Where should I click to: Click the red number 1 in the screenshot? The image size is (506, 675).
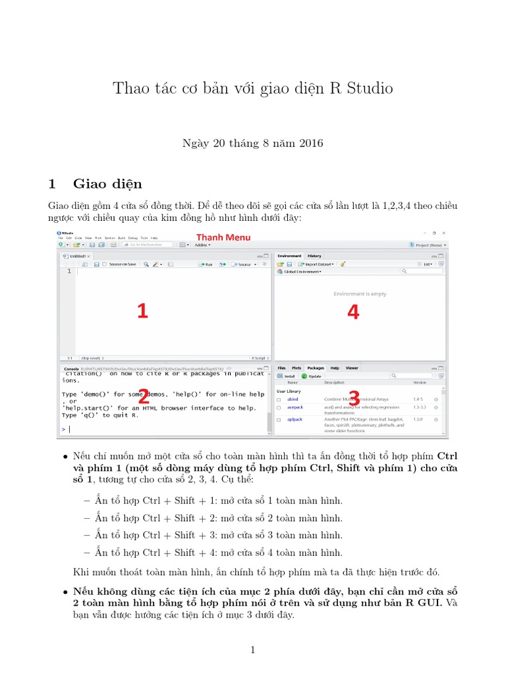click(142, 311)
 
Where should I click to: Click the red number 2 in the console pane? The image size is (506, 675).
click(144, 396)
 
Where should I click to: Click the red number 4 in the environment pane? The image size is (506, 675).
click(353, 312)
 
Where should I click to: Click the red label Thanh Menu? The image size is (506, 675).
click(223, 237)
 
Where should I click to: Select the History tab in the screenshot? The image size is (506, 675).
click(314, 256)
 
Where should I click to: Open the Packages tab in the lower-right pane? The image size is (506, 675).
click(316, 368)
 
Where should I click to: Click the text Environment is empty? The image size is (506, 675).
click(360, 294)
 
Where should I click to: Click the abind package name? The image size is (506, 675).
click(293, 399)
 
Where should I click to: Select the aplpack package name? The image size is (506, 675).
click(295, 419)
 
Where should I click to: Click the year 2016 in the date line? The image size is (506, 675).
click(311, 143)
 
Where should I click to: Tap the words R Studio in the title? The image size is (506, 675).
click(361, 88)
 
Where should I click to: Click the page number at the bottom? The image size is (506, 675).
click(252, 650)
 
